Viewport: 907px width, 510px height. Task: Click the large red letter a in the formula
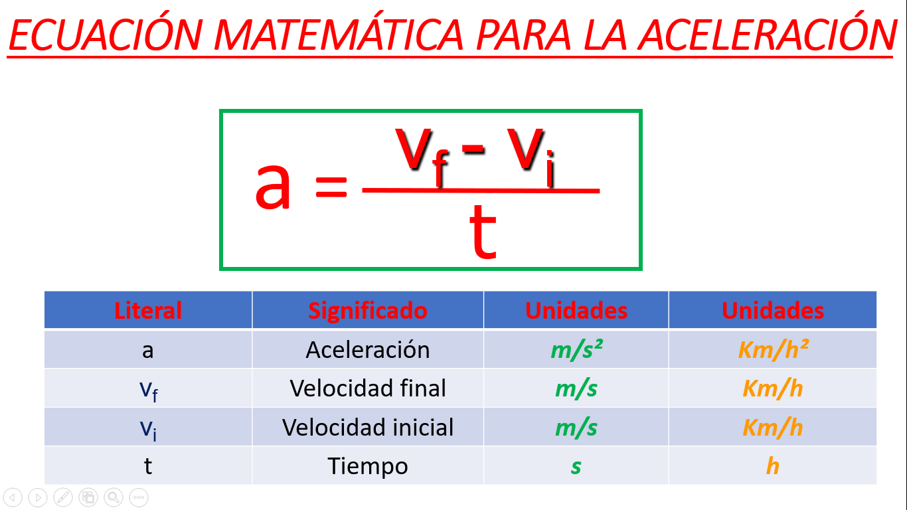[273, 187]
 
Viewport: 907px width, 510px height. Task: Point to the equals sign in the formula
[331, 187]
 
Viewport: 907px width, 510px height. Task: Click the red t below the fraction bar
[483, 232]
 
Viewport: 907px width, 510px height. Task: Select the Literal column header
[148, 310]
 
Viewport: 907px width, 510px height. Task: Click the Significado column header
[368, 310]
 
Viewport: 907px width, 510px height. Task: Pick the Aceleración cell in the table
[368, 350]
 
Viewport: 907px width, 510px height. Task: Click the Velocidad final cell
[368, 388]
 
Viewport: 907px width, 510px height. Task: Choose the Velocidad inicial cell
[368, 427]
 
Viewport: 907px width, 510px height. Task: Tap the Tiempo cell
[368, 466]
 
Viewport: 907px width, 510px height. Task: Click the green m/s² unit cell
[576, 350]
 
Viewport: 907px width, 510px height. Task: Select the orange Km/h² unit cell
[773, 350]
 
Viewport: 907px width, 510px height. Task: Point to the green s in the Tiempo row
[576, 466]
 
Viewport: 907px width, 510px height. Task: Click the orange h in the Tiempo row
[772, 466]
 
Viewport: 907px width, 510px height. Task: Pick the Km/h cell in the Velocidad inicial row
[773, 427]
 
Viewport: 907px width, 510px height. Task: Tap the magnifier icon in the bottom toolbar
[114, 497]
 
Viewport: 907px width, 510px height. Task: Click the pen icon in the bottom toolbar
[63, 497]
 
